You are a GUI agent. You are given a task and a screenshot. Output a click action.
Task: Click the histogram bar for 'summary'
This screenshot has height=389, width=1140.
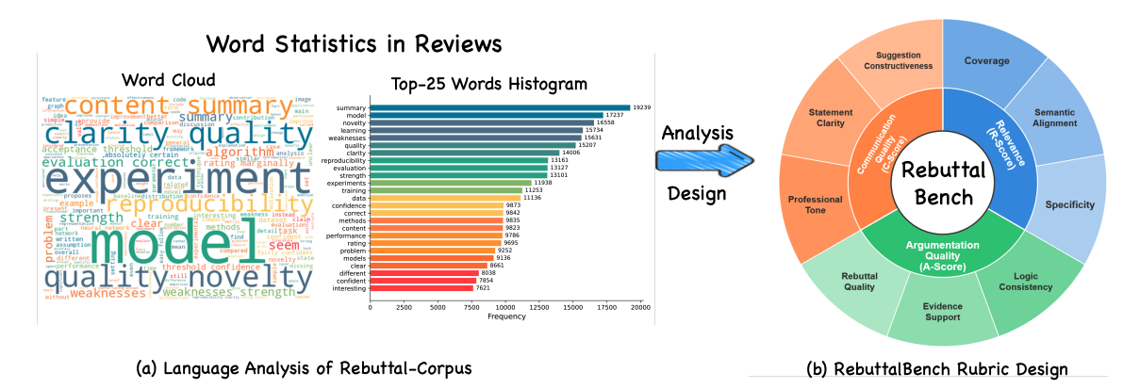500,107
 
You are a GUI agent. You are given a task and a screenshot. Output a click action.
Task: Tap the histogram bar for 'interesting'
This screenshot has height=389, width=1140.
421,287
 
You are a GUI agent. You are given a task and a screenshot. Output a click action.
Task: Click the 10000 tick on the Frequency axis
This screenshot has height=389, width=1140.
505,307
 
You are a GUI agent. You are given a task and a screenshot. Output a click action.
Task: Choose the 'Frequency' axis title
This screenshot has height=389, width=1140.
505,317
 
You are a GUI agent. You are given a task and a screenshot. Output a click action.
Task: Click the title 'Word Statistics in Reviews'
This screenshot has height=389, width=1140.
355,43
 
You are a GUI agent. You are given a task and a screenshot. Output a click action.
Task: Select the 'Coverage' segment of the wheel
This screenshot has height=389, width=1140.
986,61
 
